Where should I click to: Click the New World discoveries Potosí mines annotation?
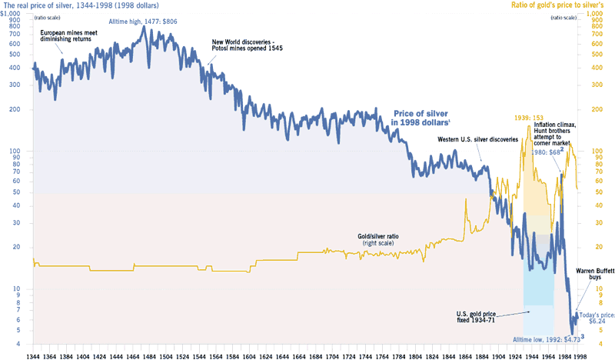tap(244, 45)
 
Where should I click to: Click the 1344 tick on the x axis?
tap(33, 352)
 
